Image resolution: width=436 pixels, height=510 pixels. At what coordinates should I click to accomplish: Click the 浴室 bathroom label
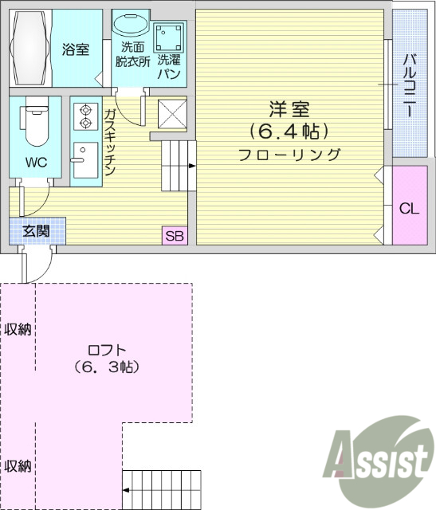pos(77,49)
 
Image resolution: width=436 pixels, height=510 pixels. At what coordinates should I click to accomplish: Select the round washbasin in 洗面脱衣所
pos(130,24)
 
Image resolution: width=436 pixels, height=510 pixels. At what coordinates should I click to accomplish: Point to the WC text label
pos(36,162)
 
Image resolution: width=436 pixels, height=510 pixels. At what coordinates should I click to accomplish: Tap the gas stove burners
pos(83,116)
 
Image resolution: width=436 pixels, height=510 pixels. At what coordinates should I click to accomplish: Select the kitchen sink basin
pos(83,163)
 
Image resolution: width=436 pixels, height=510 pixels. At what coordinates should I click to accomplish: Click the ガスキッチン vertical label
pos(110,142)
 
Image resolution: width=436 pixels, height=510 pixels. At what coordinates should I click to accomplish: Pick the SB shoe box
pos(174,235)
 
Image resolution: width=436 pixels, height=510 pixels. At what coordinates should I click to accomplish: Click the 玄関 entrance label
pos(36,231)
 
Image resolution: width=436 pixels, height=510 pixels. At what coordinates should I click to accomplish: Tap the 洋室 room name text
pos(289,108)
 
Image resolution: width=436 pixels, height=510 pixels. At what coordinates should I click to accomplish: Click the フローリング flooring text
pos(289,155)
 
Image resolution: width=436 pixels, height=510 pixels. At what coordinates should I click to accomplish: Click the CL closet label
pos(409,209)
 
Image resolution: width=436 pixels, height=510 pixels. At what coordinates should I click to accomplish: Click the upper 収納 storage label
pos(18,328)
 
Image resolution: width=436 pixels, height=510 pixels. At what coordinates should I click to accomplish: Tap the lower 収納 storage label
pos(18,465)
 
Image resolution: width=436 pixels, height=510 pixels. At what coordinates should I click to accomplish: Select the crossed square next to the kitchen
pos(171,112)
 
